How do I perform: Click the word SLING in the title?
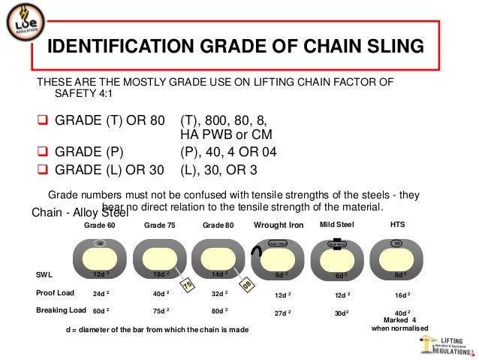pos(390,47)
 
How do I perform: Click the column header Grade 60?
pos(100,225)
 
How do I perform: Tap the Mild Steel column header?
pos(337,224)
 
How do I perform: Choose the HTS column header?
pos(398,224)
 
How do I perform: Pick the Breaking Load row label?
pos(61,310)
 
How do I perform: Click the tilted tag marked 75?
pos(188,283)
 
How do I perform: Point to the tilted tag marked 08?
pos(245,286)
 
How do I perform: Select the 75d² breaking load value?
pos(159,310)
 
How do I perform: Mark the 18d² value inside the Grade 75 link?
pos(159,275)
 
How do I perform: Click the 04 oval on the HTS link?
pos(399,244)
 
